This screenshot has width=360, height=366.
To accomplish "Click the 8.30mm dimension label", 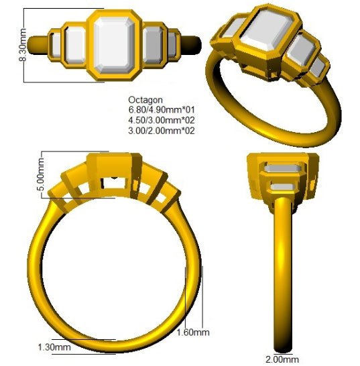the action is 23,45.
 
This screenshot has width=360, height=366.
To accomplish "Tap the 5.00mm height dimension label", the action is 40,174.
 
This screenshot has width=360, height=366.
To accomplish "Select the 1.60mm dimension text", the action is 193,332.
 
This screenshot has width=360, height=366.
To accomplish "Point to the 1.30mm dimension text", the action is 54,347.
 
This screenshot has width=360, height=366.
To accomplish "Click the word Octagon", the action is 145,100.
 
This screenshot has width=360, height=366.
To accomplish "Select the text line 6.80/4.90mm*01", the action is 162,110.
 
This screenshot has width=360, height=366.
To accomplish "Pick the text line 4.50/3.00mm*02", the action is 162,120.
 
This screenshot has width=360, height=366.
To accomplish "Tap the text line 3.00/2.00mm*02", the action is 162,131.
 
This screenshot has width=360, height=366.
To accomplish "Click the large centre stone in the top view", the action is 114,45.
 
